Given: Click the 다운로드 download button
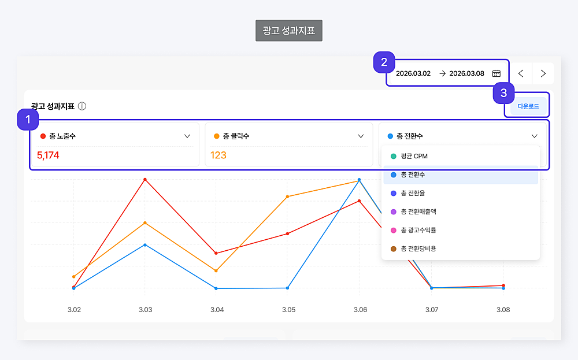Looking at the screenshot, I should [528, 106].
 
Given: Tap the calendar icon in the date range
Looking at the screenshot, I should [496, 73].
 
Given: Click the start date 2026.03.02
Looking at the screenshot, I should [413, 73].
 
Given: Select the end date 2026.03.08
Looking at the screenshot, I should [466, 73].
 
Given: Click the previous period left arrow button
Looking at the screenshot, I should [521, 73].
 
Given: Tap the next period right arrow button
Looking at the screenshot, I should [543, 73].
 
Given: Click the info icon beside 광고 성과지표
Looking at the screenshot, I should [82, 106].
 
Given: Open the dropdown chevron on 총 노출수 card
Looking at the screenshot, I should [187, 136].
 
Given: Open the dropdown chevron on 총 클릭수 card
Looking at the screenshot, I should [361, 136].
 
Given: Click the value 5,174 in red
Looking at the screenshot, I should [48, 155].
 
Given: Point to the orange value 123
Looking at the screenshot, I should [218, 155].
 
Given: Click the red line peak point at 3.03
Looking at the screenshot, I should [145, 180].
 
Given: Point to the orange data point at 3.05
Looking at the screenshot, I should [288, 196].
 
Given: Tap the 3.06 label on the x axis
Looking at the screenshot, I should [360, 310].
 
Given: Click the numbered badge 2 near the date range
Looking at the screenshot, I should [384, 62].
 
